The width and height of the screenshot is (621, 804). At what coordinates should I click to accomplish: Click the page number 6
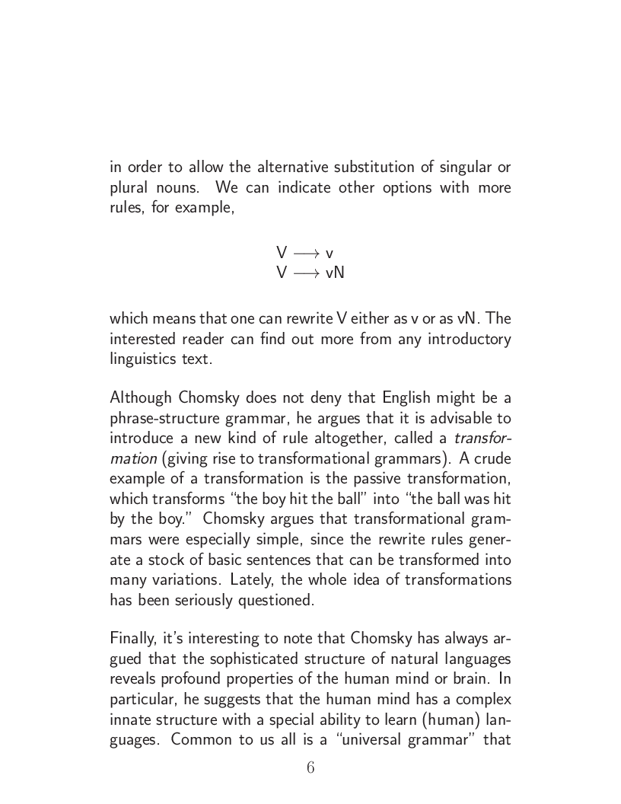coord(310,767)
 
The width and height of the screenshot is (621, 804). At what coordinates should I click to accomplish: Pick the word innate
coord(130,719)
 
